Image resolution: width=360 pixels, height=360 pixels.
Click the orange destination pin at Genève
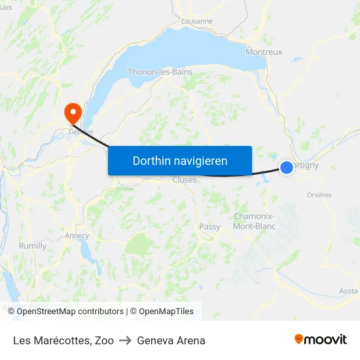[72, 113]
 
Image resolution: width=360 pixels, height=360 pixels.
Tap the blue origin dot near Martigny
[287, 168]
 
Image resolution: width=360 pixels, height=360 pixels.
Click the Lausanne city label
[198, 21]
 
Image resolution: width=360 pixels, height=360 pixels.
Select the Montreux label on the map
[264, 52]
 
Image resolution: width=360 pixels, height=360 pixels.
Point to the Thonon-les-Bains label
[160, 72]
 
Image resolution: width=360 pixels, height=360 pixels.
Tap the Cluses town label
[185, 180]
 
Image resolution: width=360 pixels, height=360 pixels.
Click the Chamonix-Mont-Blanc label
[255, 221]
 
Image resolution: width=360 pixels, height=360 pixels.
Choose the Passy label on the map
[209, 226]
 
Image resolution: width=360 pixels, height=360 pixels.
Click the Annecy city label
[77, 236]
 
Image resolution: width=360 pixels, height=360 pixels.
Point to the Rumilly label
[33, 246]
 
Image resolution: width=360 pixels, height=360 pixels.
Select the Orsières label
[319, 194]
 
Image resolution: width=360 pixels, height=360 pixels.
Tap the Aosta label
[349, 291]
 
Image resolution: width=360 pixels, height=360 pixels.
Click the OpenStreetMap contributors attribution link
[70, 312]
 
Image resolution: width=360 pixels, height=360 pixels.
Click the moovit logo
[321, 340]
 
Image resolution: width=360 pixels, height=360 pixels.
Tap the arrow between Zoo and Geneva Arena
[125, 340]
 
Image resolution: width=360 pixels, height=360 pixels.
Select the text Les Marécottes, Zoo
[63, 340]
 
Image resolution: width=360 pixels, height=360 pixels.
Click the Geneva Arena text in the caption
[171, 340]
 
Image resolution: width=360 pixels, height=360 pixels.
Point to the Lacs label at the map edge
[6, 7]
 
